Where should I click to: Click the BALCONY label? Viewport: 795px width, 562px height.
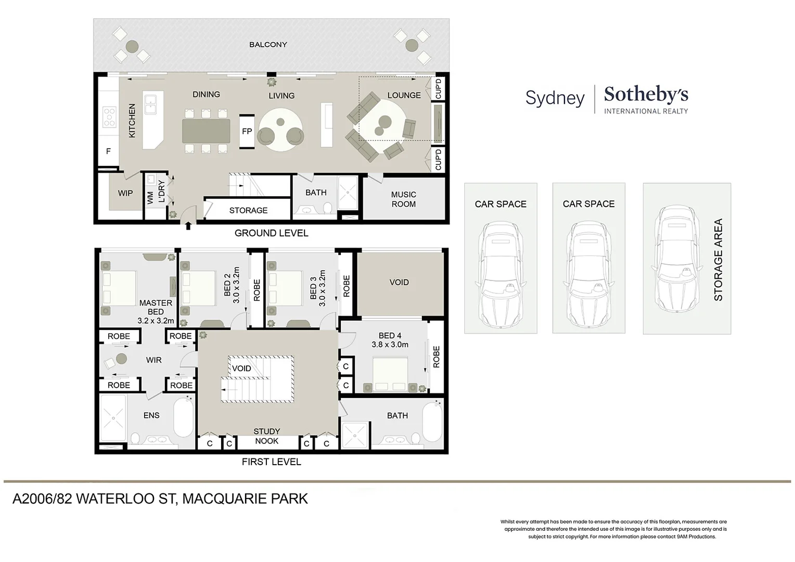[268, 45]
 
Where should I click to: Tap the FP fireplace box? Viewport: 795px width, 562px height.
[247, 131]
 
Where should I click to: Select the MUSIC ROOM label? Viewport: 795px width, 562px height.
[403, 199]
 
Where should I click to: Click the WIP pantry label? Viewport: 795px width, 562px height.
[125, 193]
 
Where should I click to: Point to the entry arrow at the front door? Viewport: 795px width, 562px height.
[188, 225]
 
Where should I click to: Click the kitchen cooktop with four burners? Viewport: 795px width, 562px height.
[109, 117]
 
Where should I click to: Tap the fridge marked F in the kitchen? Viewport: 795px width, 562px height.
[108, 151]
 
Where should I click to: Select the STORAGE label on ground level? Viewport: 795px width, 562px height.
[248, 210]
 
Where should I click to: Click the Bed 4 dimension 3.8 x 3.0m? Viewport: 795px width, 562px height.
[390, 344]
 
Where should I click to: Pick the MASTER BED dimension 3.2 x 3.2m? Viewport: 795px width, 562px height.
[156, 321]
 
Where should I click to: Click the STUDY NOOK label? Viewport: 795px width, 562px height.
[267, 436]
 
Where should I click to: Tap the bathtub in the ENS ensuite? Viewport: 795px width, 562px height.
[183, 418]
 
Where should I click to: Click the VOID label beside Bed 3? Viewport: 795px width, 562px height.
[399, 282]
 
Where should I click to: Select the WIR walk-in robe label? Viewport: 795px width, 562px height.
[153, 360]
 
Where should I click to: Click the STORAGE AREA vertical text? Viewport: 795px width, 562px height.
[718, 260]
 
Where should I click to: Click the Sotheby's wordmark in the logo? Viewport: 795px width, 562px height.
[646, 95]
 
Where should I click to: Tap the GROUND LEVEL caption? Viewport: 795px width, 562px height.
[271, 233]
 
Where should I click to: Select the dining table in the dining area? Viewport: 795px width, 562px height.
[206, 131]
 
